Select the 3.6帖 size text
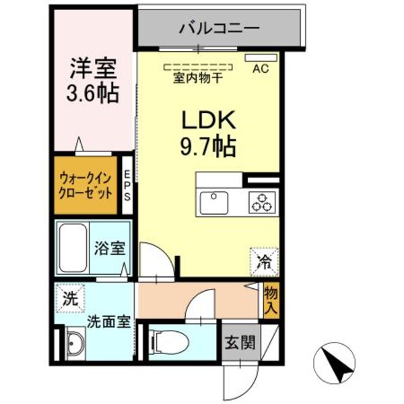pos(94,92)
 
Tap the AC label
pos(261,68)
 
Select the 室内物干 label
pos(199,78)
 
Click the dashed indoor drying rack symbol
pos(199,67)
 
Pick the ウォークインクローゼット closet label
pos(85,185)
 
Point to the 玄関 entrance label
pos(240,342)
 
